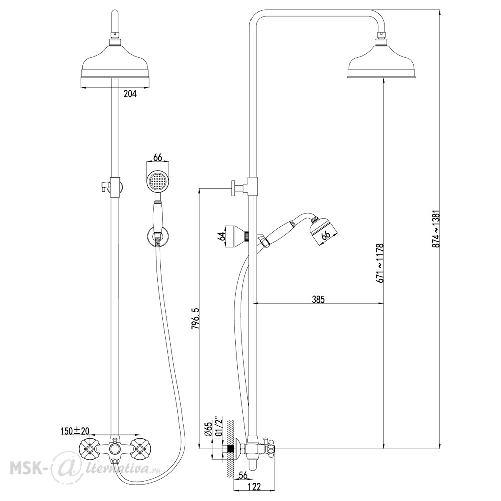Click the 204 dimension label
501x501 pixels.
130,94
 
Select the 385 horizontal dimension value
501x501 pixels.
318,300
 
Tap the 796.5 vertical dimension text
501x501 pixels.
195,319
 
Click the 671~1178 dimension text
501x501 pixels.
379,264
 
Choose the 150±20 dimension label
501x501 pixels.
75,431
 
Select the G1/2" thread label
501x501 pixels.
218,426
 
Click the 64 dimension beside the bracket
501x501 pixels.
220,237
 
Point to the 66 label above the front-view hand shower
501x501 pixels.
157,158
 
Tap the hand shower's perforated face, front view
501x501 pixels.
157,181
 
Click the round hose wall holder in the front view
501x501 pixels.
156,236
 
